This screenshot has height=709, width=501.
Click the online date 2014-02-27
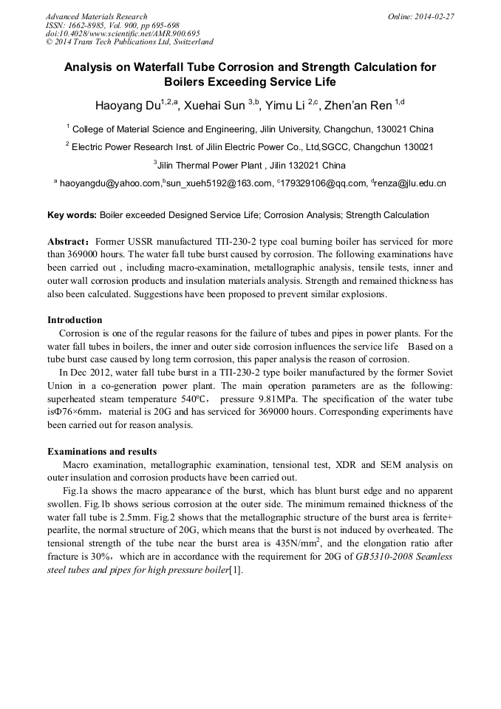(x=434, y=16)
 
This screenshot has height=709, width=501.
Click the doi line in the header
(x=123, y=33)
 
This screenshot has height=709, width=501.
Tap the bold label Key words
(x=72, y=215)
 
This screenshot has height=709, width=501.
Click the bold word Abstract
(x=69, y=242)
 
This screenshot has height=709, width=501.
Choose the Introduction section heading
(x=75, y=320)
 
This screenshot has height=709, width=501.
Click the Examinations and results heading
(x=102, y=451)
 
